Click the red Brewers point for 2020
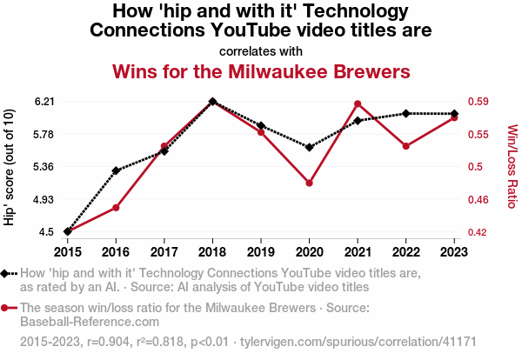point(309,183)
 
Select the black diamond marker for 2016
point(116,170)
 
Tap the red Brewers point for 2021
point(358,104)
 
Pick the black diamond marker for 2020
point(309,147)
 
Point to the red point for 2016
point(116,208)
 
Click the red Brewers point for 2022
point(405,146)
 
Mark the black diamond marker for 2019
point(261,126)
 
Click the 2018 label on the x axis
point(212,251)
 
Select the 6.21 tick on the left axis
point(44,102)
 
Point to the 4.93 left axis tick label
point(44,200)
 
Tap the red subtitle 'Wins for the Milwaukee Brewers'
point(261,70)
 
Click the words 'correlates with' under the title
point(261,50)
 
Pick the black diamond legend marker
point(6,273)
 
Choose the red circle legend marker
point(6,307)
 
